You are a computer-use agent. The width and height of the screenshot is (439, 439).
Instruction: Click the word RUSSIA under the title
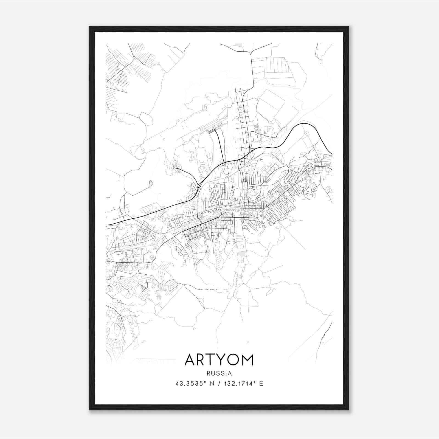219,373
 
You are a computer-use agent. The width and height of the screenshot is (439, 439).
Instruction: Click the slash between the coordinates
219,384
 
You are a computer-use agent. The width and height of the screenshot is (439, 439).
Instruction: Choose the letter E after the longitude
261,384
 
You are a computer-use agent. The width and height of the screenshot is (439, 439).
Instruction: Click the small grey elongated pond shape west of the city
151,184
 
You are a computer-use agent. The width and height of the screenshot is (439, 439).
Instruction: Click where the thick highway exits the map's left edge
107,225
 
